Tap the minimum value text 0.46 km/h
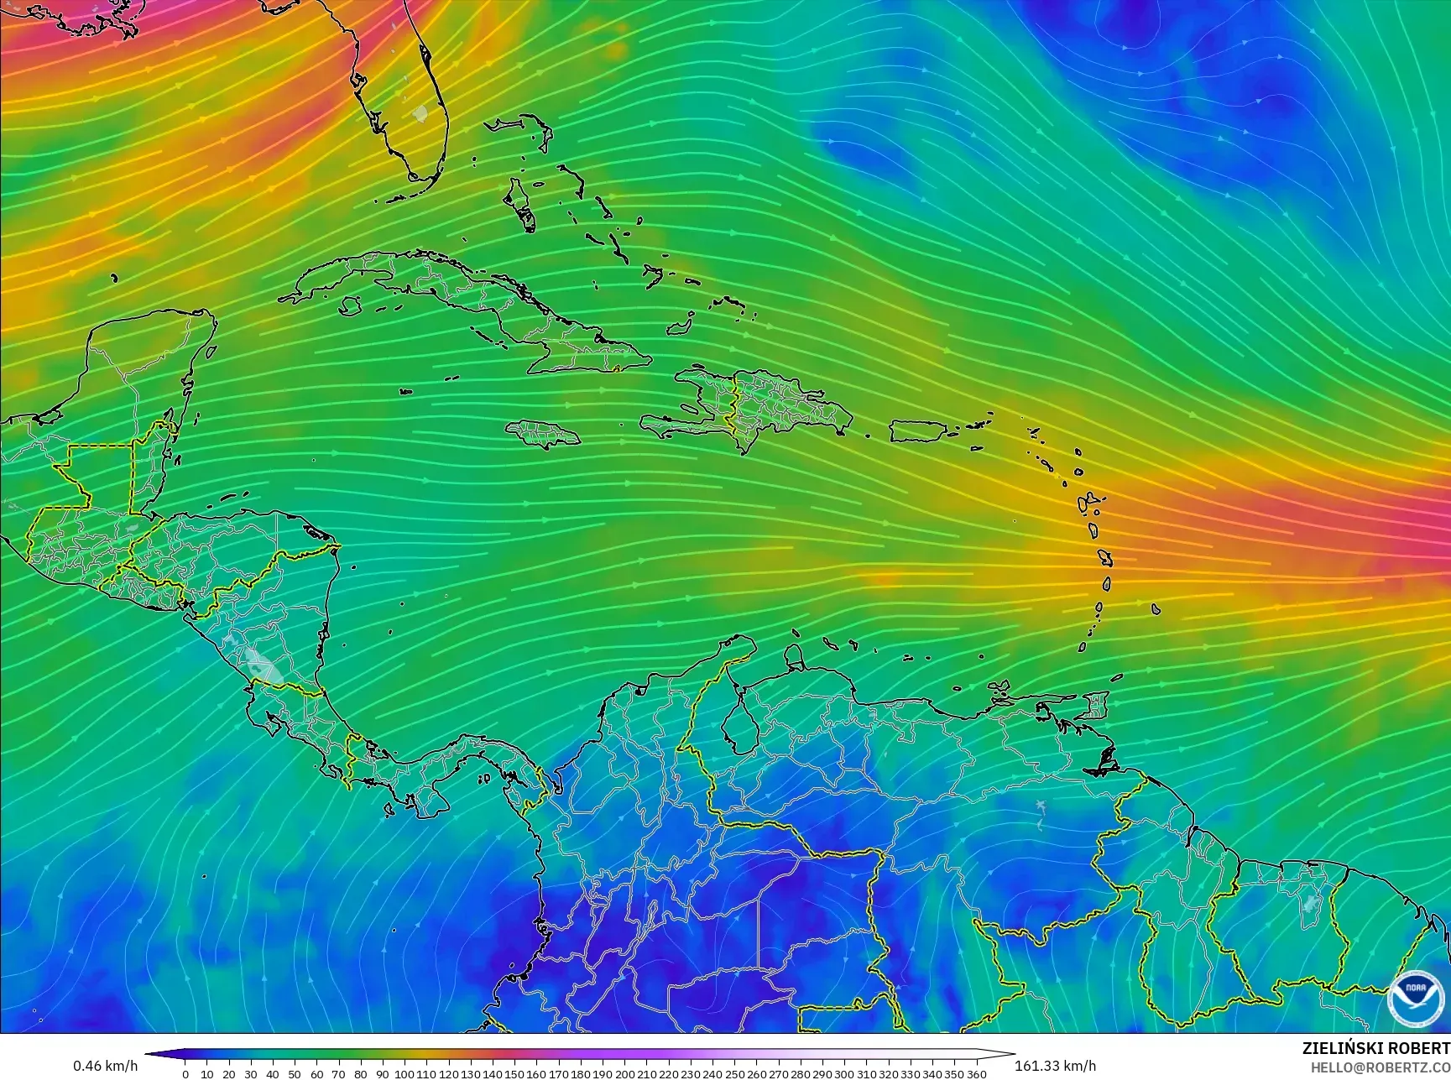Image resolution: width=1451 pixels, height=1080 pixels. point(105,1066)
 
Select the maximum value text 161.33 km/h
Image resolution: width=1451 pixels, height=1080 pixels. point(1056,1066)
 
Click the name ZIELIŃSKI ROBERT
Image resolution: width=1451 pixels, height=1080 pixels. point(1375,1048)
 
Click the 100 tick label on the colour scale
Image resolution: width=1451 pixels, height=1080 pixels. point(405,1074)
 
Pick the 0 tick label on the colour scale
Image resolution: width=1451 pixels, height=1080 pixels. point(185,1074)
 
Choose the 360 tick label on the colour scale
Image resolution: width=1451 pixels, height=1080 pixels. point(976,1074)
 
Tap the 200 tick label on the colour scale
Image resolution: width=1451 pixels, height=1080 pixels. point(624,1074)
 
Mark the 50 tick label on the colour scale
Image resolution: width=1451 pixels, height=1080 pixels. point(295,1074)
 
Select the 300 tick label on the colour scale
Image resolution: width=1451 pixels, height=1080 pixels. point(844,1074)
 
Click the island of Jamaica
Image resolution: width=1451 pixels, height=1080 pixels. point(544,433)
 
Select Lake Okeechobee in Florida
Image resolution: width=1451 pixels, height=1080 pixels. point(420,112)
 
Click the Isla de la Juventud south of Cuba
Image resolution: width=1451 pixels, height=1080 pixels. point(345,307)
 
